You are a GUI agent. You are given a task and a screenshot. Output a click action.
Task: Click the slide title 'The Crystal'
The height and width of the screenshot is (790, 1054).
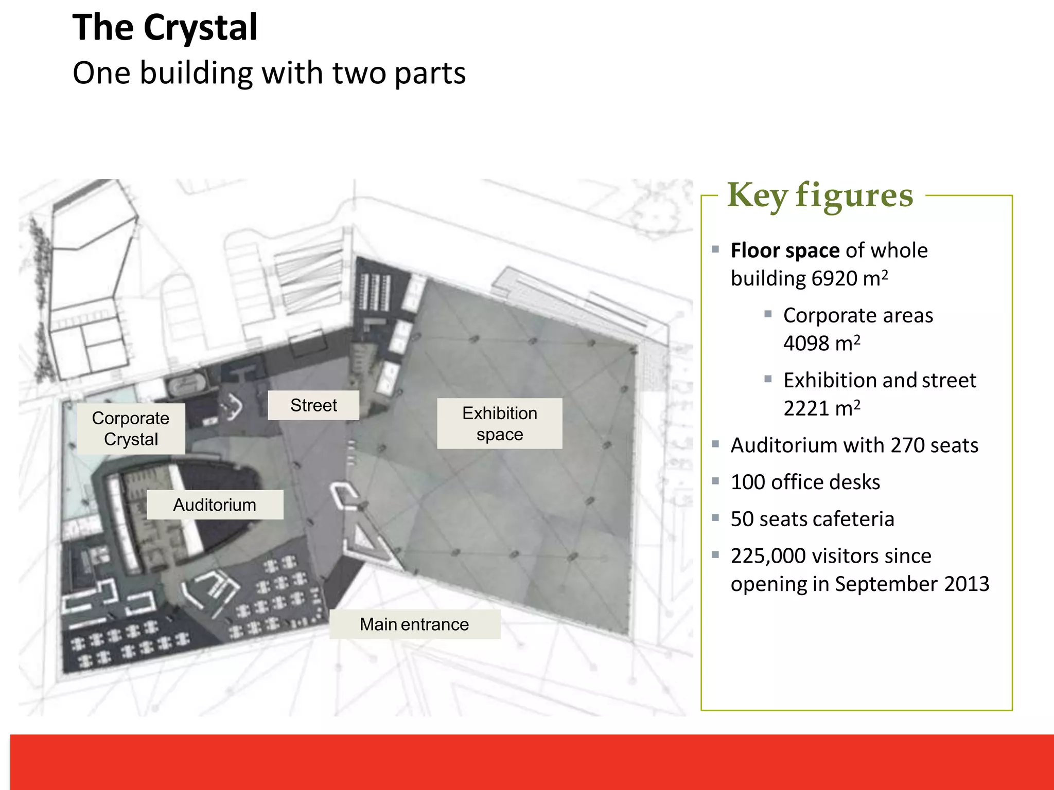tap(165, 28)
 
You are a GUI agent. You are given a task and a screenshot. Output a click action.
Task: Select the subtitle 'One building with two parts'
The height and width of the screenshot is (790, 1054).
tap(269, 73)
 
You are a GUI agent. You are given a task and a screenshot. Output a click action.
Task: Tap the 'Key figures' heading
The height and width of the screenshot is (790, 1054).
tap(820, 195)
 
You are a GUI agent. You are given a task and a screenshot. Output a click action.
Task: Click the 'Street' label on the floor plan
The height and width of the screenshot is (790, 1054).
tap(313, 405)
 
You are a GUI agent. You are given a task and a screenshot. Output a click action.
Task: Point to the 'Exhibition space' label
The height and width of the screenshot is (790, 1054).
tap(499, 423)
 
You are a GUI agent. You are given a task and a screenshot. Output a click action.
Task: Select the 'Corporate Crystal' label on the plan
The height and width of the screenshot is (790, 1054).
tap(131, 428)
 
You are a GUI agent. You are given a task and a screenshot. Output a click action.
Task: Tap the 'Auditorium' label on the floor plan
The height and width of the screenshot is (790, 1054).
tap(215, 505)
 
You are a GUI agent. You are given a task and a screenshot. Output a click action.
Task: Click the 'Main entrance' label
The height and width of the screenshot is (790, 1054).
tap(414, 624)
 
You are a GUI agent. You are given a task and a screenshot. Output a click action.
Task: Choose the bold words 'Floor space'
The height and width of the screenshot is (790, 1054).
tap(785, 250)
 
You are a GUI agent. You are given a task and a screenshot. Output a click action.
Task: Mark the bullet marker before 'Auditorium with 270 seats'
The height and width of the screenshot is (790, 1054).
tap(715, 444)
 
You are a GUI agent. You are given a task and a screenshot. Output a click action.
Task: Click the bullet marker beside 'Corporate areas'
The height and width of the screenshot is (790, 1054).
tap(768, 314)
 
